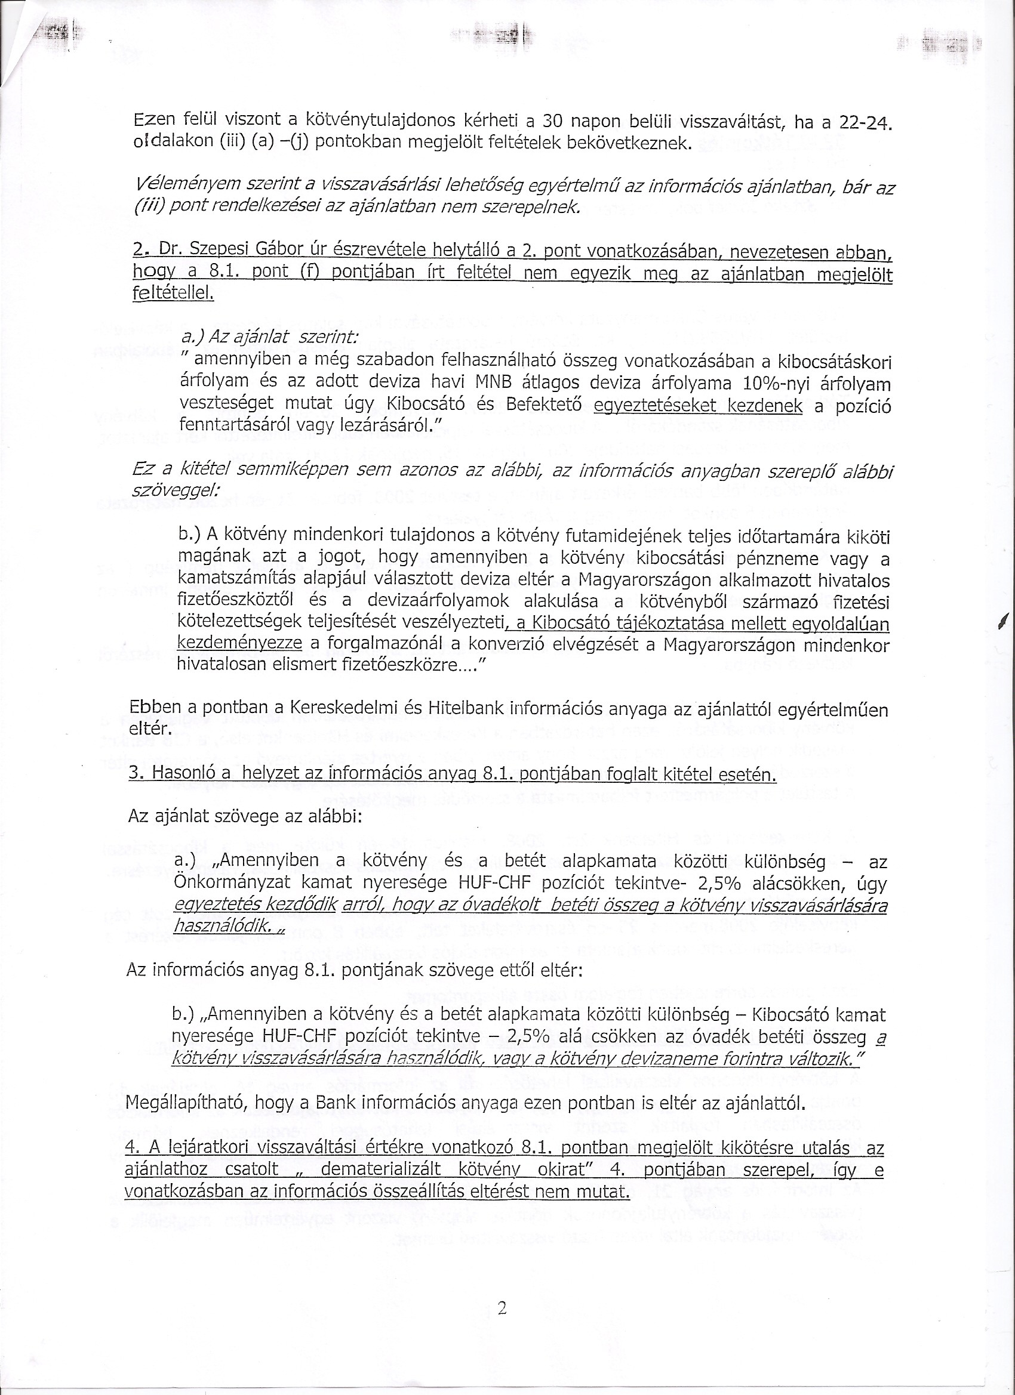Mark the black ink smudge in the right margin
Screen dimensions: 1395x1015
click(1003, 622)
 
